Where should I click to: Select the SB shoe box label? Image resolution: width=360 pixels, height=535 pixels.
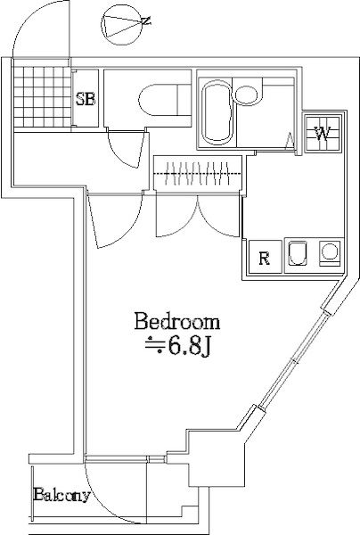pos(85,99)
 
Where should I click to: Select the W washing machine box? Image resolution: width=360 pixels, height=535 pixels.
pos(321,135)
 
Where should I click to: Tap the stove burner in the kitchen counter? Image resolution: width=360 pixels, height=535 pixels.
pos(330,254)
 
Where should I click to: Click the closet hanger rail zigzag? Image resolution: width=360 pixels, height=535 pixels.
pos(198,171)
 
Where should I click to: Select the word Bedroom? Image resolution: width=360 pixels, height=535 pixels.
pos(176,321)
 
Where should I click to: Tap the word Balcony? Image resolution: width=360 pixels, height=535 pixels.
pos(61,495)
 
